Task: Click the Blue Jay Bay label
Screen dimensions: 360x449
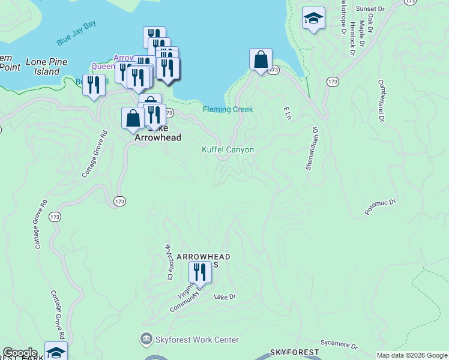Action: pyautogui.click(x=76, y=41)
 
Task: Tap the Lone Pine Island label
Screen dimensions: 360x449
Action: pyautogui.click(x=46, y=67)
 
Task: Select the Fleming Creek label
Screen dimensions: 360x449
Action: pyautogui.click(x=228, y=109)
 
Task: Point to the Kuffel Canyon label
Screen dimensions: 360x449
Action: pyautogui.click(x=228, y=149)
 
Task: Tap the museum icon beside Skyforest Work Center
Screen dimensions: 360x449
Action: pyautogui.click(x=146, y=340)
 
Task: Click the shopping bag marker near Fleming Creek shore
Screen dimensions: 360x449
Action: pyautogui.click(x=261, y=60)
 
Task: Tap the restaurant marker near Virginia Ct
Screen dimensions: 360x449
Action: pyautogui.click(x=200, y=272)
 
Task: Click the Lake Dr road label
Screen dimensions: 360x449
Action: pyautogui.click(x=226, y=296)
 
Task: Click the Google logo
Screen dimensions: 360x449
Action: pyautogui.click(x=20, y=353)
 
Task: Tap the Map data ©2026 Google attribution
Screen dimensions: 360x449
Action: pyautogui.click(x=412, y=355)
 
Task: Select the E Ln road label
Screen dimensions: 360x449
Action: pyautogui.click(x=287, y=113)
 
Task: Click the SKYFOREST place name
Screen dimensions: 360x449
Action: pyautogui.click(x=291, y=351)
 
